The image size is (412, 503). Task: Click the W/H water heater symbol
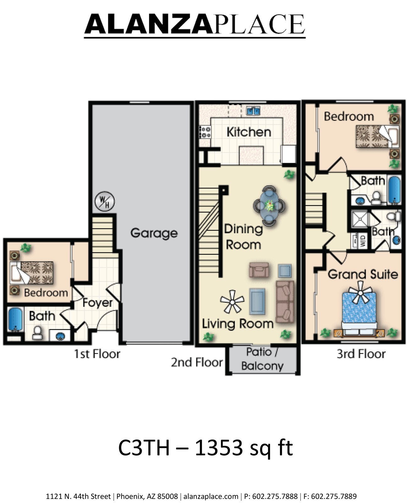pos(105,201)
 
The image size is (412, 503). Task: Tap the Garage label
pos(154,233)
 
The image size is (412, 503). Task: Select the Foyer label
pos(97,303)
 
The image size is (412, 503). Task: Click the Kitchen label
pos(249,132)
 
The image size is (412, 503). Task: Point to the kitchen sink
pos(253,111)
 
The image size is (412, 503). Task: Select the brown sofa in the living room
pos(285,301)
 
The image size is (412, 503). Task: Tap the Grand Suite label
pos(363,274)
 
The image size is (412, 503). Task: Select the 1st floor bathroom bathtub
pos(15,319)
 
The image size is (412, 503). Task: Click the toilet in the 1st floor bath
pos(37,333)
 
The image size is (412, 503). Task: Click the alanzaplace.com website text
pos(211,496)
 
